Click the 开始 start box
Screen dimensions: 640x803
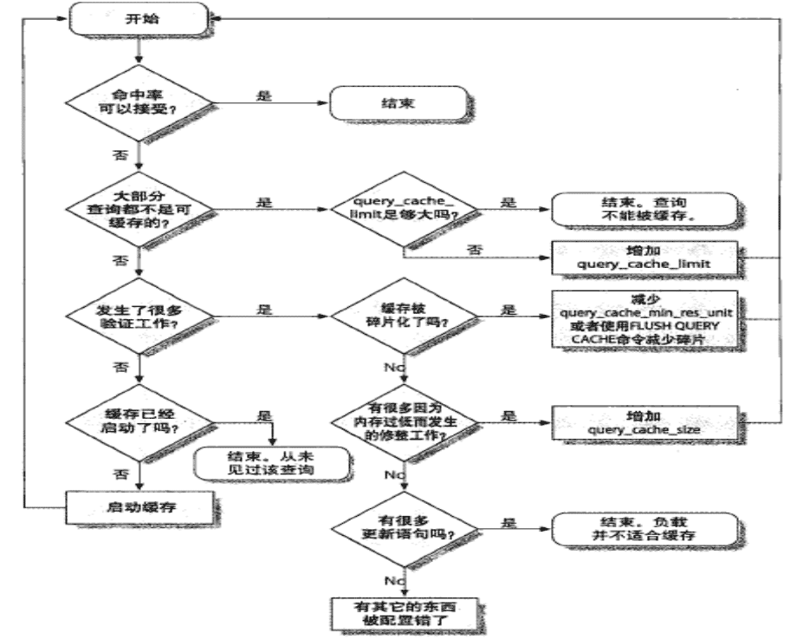pos(138,18)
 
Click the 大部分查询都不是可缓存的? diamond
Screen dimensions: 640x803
pos(138,209)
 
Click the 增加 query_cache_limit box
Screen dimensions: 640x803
pos(645,257)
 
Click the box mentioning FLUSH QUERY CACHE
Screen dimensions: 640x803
pos(645,318)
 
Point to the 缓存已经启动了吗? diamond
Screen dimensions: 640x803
pos(138,425)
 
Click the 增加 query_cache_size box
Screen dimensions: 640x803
pos(645,423)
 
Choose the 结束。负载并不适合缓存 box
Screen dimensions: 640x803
pos(645,527)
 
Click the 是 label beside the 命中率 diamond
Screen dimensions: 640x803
pos(264,95)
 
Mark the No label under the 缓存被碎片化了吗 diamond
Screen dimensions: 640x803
pos(395,368)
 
